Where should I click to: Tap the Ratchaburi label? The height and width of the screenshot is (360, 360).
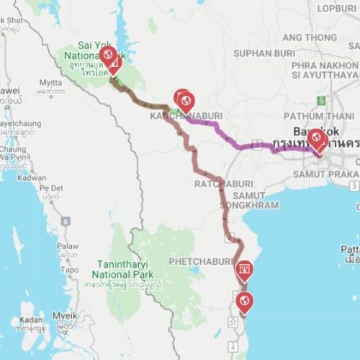[x=221, y=184]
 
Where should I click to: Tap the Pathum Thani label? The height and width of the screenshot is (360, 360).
[x=312, y=115]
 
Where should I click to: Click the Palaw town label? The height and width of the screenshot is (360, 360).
[x=68, y=246]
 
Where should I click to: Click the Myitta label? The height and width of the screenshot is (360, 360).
[x=51, y=82]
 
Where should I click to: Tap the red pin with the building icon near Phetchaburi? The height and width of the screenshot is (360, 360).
[x=245, y=271]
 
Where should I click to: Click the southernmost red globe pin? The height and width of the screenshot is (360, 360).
[x=244, y=300]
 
